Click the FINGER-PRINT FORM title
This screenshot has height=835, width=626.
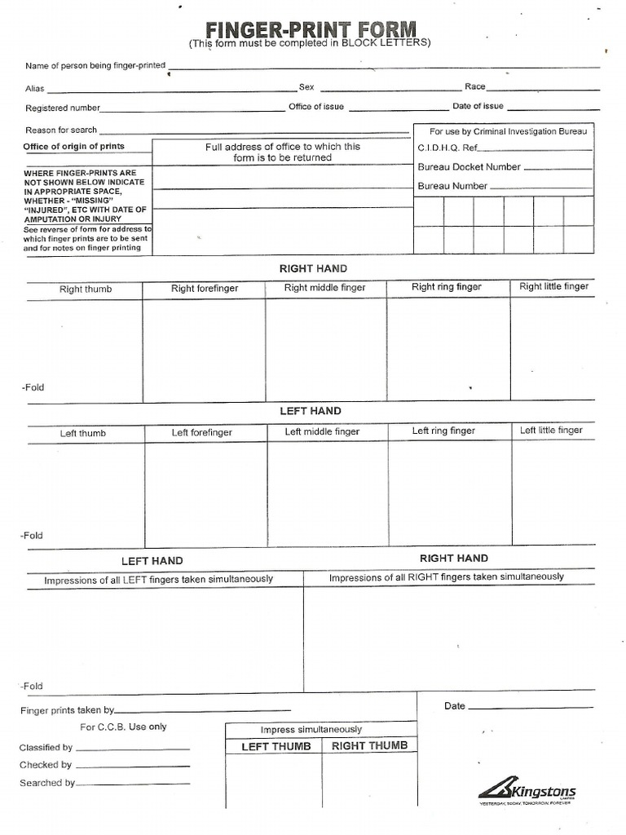coord(311,29)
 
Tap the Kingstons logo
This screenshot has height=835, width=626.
coord(527,791)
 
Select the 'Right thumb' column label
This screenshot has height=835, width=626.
coord(86,289)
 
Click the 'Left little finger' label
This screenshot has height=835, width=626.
coord(551,431)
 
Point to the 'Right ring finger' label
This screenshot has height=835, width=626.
coord(446,287)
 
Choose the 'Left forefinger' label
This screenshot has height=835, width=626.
coord(201,433)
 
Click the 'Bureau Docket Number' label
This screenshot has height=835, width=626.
coord(469,167)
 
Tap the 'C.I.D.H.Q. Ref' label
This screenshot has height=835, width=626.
coord(447,148)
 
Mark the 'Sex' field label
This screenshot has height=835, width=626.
coord(306,86)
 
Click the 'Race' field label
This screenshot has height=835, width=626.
coord(474,86)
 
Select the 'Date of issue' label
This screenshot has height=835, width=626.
coord(478,106)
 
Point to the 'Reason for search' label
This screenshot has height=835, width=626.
coord(61,130)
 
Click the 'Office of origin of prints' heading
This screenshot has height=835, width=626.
coord(74,147)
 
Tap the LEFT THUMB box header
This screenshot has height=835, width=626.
coord(276,747)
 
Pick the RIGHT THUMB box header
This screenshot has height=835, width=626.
coord(369,746)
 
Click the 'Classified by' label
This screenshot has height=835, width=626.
coord(46,748)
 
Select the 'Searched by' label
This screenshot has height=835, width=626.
coord(47,783)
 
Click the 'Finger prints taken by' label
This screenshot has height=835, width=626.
coord(68,711)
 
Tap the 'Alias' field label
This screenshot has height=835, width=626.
coord(35,89)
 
